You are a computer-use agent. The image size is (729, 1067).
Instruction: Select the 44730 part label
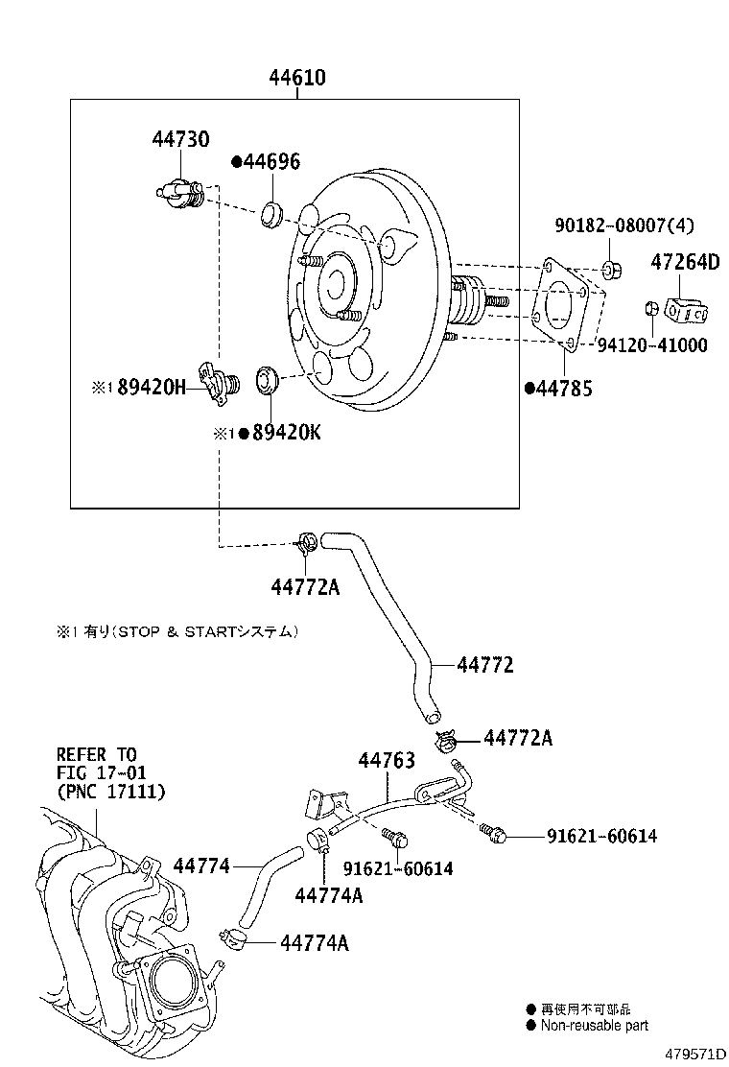[179, 140]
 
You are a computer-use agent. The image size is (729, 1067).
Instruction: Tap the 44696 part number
[266, 162]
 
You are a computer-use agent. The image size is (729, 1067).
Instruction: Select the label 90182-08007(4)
[624, 225]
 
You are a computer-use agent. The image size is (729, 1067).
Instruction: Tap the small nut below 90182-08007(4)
[611, 269]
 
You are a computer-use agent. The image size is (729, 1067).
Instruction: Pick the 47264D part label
[685, 260]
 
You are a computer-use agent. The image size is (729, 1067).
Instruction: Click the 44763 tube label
[387, 760]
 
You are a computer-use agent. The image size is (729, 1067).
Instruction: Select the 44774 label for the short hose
[201, 865]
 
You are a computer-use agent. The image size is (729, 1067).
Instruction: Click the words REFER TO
[96, 754]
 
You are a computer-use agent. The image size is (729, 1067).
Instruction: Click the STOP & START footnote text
[177, 631]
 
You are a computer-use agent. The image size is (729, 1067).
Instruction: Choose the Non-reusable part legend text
[594, 1025]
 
